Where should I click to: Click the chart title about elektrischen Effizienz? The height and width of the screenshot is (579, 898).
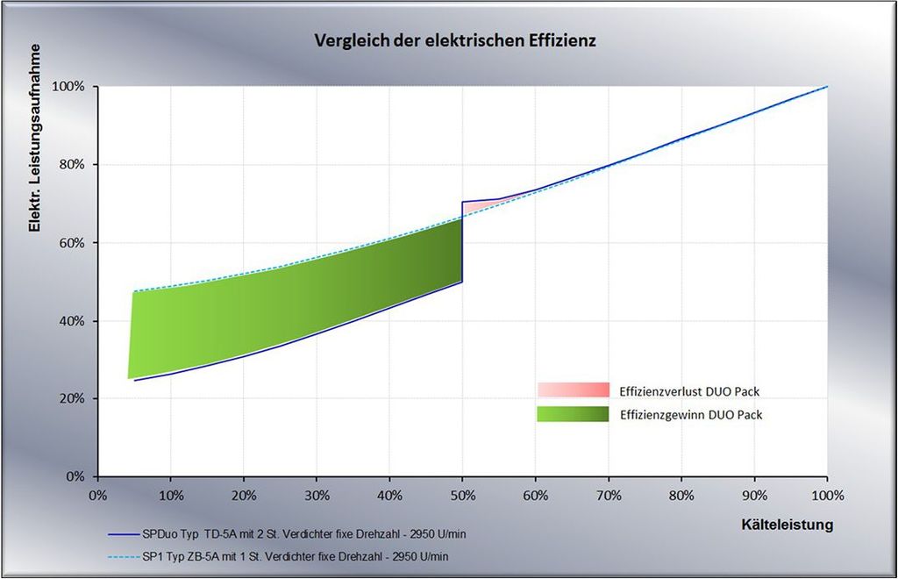click(x=455, y=40)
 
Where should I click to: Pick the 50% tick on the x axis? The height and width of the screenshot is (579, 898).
click(x=462, y=496)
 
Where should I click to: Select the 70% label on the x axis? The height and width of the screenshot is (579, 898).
click(x=609, y=496)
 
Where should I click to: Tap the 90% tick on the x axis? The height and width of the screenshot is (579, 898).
click(x=754, y=496)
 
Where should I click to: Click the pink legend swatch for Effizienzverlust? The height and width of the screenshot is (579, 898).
click(x=573, y=390)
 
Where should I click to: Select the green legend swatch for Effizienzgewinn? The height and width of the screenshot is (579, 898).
click(x=573, y=414)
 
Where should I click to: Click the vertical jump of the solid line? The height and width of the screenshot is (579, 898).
click(x=462, y=246)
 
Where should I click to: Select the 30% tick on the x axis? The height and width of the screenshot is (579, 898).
click(x=317, y=496)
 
